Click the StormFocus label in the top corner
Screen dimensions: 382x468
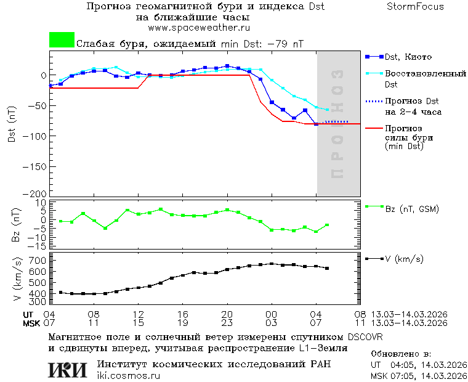point(415,7)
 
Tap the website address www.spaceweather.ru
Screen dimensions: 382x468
point(198,28)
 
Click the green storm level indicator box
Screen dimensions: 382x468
point(62,40)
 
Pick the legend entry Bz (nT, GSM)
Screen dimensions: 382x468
point(412,209)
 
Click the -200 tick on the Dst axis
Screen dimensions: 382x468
point(37,193)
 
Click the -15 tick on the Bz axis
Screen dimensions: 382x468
point(39,246)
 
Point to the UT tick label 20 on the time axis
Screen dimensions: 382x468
point(227,314)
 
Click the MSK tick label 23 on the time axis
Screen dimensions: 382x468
point(227,323)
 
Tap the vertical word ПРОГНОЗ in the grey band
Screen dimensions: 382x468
point(337,123)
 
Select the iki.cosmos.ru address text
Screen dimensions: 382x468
point(128,376)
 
